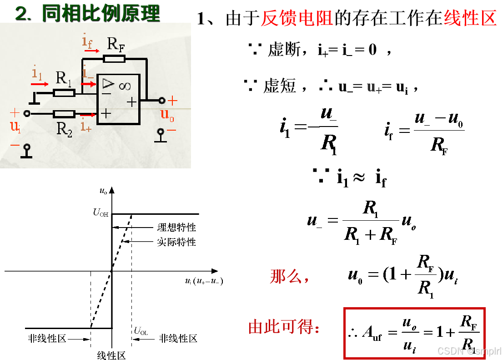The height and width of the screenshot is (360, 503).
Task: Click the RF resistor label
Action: pyautogui.click(x=116, y=45)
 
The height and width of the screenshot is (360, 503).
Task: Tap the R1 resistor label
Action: pyautogui.click(x=64, y=78)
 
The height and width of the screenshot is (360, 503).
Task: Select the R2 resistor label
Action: pyautogui.click(x=64, y=129)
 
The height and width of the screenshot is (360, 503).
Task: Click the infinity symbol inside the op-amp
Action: pyautogui.click(x=125, y=85)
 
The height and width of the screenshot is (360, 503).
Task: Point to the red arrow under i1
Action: pyautogui.click(x=40, y=84)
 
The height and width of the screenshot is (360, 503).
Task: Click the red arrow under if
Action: pyautogui.click(x=91, y=51)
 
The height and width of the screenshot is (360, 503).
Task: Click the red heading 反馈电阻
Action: pyautogui.click(x=297, y=18)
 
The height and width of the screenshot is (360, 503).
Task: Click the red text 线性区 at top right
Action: pyautogui.click(x=470, y=18)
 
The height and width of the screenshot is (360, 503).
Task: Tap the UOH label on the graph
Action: pyautogui.click(x=101, y=213)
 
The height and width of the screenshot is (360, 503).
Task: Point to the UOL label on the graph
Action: pyautogui.click(x=141, y=332)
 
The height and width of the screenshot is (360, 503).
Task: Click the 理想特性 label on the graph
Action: pyautogui.click(x=176, y=228)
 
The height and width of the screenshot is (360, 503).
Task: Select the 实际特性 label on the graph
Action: pyautogui.click(x=176, y=242)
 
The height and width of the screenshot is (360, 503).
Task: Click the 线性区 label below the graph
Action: pyautogui.click(x=111, y=355)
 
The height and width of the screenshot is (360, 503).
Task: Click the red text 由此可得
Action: pyautogui.click(x=284, y=327)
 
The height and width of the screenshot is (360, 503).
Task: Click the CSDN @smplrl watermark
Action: pyautogui.click(x=468, y=350)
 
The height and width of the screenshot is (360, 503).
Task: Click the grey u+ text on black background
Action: pyautogui.click(x=374, y=88)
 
